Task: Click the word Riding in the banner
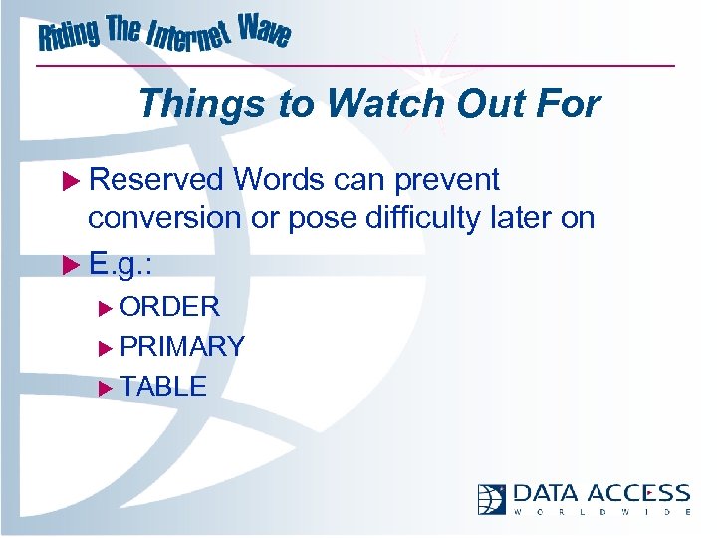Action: point(69,36)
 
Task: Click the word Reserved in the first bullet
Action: point(156,180)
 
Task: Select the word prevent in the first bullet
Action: point(447,181)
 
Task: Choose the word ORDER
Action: point(169,306)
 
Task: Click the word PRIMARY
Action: point(182,346)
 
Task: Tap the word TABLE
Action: point(163,386)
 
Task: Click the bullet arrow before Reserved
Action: point(71,181)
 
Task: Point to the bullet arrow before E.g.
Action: point(71,265)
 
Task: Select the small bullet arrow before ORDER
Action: point(107,307)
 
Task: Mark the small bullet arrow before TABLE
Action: point(107,387)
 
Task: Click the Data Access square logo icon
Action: point(491,498)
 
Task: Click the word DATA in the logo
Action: point(547,494)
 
